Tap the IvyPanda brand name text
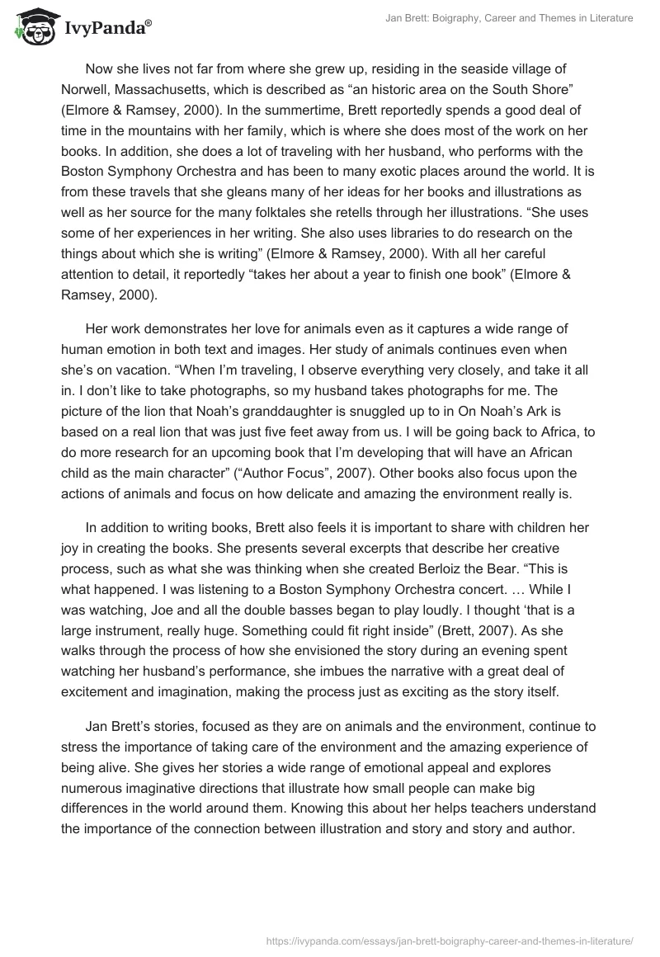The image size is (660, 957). pos(106,29)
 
